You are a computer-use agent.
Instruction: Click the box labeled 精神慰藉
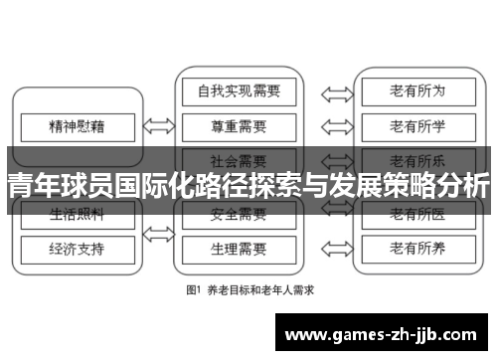(77, 126)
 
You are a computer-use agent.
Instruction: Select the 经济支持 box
(77, 246)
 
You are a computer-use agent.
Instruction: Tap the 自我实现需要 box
(239, 92)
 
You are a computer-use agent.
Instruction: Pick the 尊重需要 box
(239, 126)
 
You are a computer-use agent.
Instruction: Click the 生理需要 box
(239, 246)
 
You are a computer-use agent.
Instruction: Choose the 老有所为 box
(417, 92)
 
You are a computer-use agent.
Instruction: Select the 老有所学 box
(417, 126)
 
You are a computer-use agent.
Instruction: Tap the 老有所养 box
(417, 246)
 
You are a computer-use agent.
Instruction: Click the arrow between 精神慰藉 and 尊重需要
(158, 126)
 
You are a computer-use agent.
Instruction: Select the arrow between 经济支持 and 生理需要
(158, 246)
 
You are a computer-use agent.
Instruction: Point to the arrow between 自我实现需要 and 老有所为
(335, 92)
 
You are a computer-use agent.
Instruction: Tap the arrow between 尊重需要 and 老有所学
(335, 126)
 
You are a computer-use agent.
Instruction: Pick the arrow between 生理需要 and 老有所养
(335, 246)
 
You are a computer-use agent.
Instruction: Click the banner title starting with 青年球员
(248, 186)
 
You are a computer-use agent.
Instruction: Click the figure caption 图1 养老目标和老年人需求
(248, 291)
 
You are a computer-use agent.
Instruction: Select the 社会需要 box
(239, 159)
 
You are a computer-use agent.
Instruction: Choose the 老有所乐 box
(417, 159)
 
